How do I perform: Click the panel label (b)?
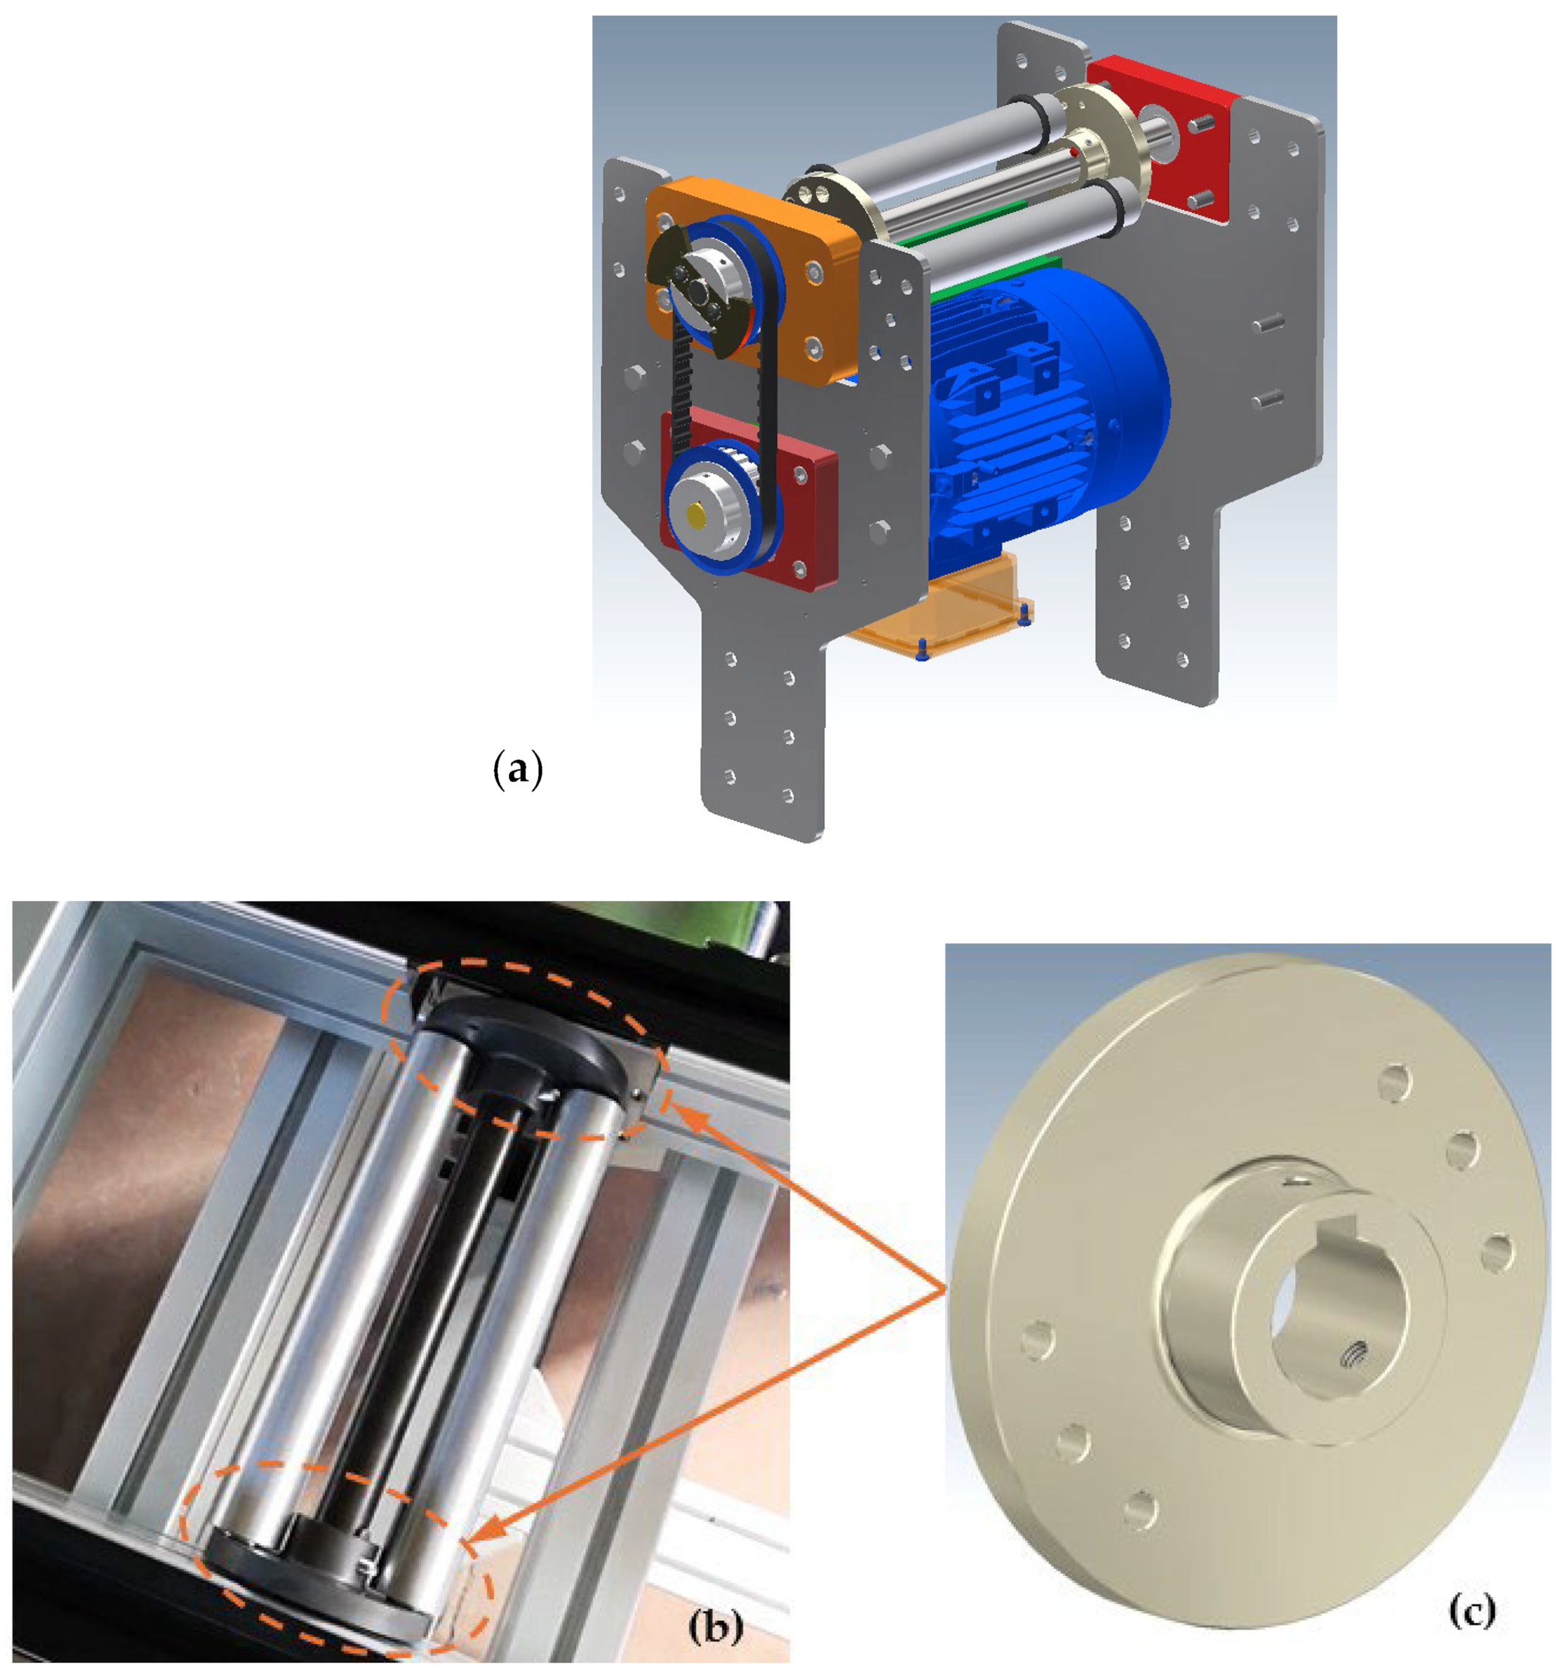(716, 1623)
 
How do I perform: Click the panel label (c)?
(1471, 1610)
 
